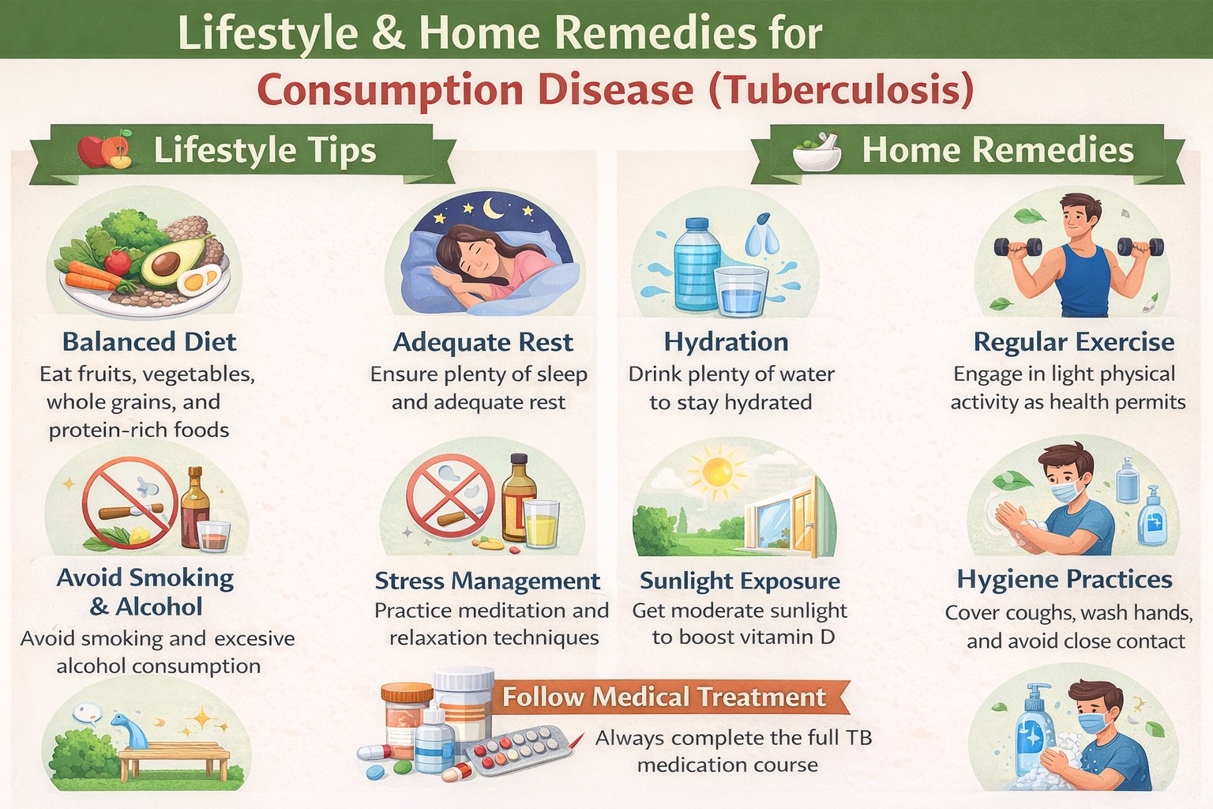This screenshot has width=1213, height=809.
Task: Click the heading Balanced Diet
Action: pyautogui.click(x=149, y=341)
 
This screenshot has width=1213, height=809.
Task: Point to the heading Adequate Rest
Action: pyautogui.click(x=483, y=342)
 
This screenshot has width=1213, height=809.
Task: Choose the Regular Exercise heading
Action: pyautogui.click(x=1073, y=341)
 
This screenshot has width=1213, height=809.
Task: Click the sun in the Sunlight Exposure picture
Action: pyautogui.click(x=718, y=472)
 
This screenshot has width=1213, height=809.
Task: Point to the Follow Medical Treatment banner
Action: pyautogui.click(x=664, y=697)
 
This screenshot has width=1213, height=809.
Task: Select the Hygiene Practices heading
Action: pyautogui.click(x=1064, y=579)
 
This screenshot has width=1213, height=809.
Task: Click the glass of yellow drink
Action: pyautogui.click(x=542, y=523)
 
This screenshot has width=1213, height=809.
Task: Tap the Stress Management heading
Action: pyautogui.click(x=487, y=581)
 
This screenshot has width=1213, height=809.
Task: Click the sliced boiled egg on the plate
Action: pyautogui.click(x=197, y=280)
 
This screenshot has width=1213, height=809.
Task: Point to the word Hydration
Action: pyautogui.click(x=726, y=341)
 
